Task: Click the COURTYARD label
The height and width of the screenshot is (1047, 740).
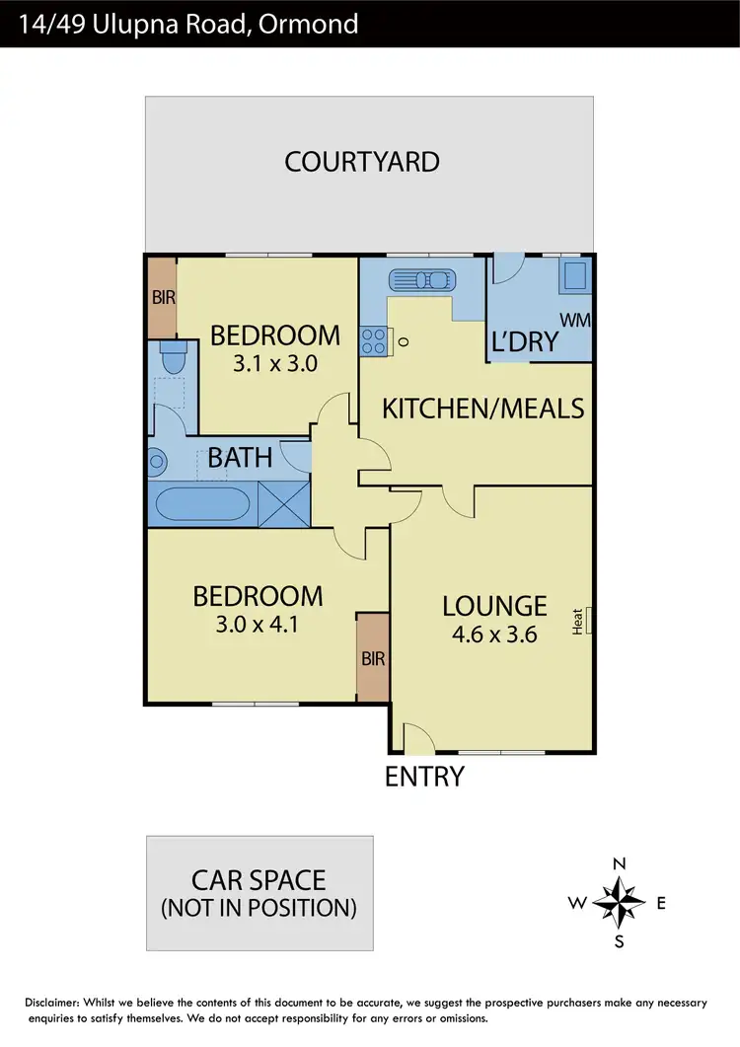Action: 362,162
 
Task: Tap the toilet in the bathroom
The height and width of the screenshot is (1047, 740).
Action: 172,361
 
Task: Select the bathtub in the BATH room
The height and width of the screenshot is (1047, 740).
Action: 203,504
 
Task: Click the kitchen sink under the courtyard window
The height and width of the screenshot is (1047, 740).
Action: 419,278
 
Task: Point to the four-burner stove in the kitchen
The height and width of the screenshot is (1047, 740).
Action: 374,341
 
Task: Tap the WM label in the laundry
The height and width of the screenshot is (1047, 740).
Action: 573,320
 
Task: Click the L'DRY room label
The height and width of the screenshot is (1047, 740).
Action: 525,342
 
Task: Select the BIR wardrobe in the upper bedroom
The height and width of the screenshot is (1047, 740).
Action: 161,295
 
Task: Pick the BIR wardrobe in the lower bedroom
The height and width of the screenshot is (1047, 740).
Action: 373,657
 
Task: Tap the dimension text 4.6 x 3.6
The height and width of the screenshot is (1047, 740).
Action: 494,635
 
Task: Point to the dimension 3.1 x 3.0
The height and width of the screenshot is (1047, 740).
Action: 274,363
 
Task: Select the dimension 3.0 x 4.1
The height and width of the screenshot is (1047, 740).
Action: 257,624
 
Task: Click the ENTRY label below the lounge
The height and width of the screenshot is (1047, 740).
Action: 424,777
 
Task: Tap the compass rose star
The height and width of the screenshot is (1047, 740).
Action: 620,901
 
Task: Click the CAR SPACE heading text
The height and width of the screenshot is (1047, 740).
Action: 259,878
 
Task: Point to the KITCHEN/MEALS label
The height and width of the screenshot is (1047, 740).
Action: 483,408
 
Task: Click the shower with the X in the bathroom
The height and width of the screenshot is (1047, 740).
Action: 283,502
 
